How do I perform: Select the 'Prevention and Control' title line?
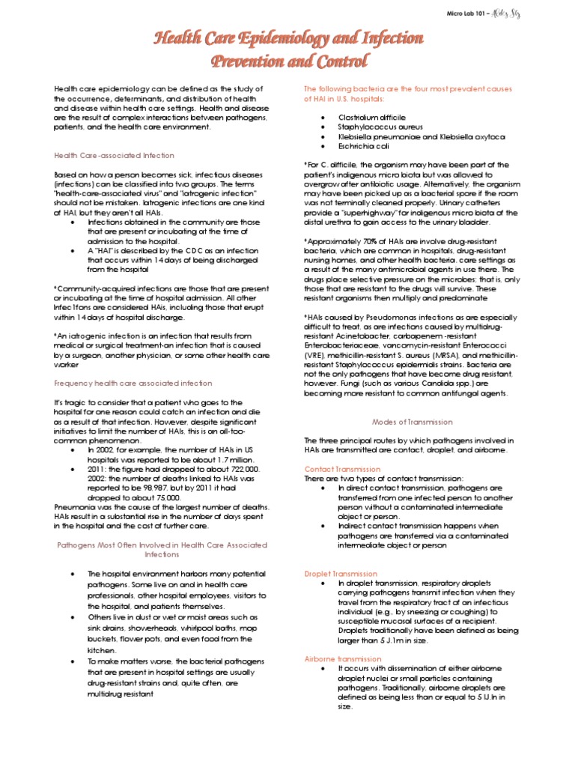[287, 61]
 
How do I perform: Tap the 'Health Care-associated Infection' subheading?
[114, 155]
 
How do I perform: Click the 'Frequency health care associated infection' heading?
[133, 383]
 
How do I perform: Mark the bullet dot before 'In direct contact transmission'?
[321, 488]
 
